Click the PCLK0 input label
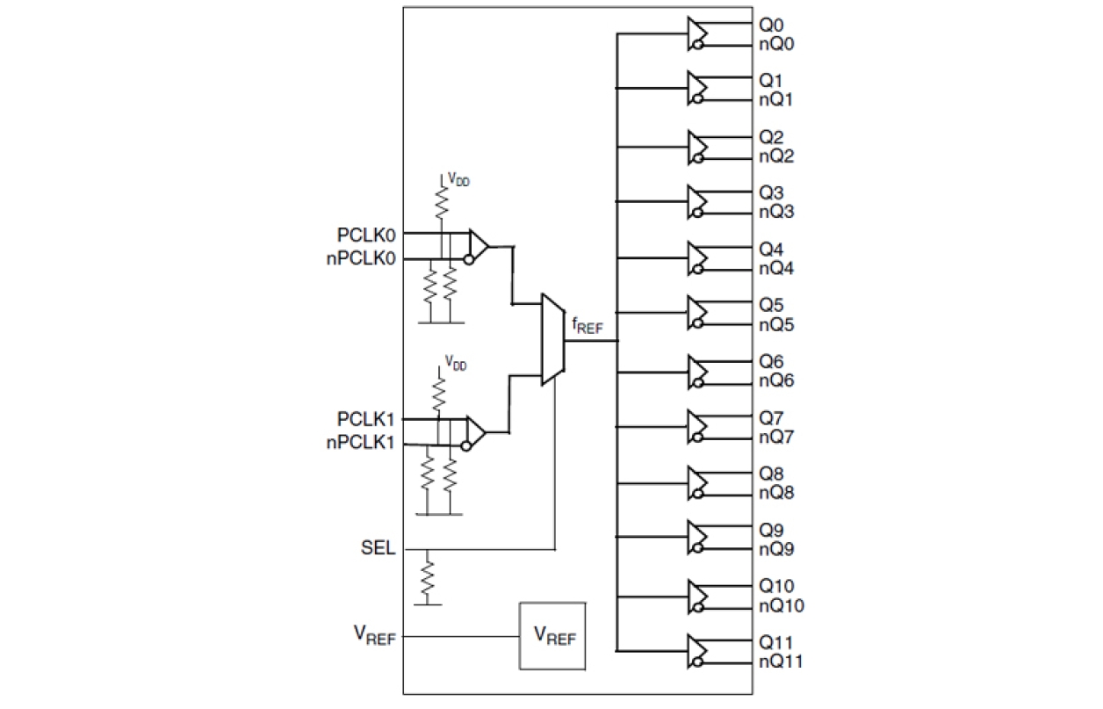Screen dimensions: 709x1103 365,235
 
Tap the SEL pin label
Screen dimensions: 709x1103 378,550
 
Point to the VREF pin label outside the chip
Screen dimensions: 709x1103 372,635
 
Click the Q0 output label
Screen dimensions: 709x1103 771,26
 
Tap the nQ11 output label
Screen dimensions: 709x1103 780,660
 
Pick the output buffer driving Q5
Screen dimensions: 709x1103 697,315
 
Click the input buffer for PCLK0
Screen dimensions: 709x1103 479,247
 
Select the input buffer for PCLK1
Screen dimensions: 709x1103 479,432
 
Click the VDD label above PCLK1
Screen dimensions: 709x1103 454,361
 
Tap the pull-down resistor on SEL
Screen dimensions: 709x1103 427,577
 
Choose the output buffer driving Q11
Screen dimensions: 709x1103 697,650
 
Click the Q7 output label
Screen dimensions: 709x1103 771,418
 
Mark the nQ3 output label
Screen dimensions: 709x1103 776,212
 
